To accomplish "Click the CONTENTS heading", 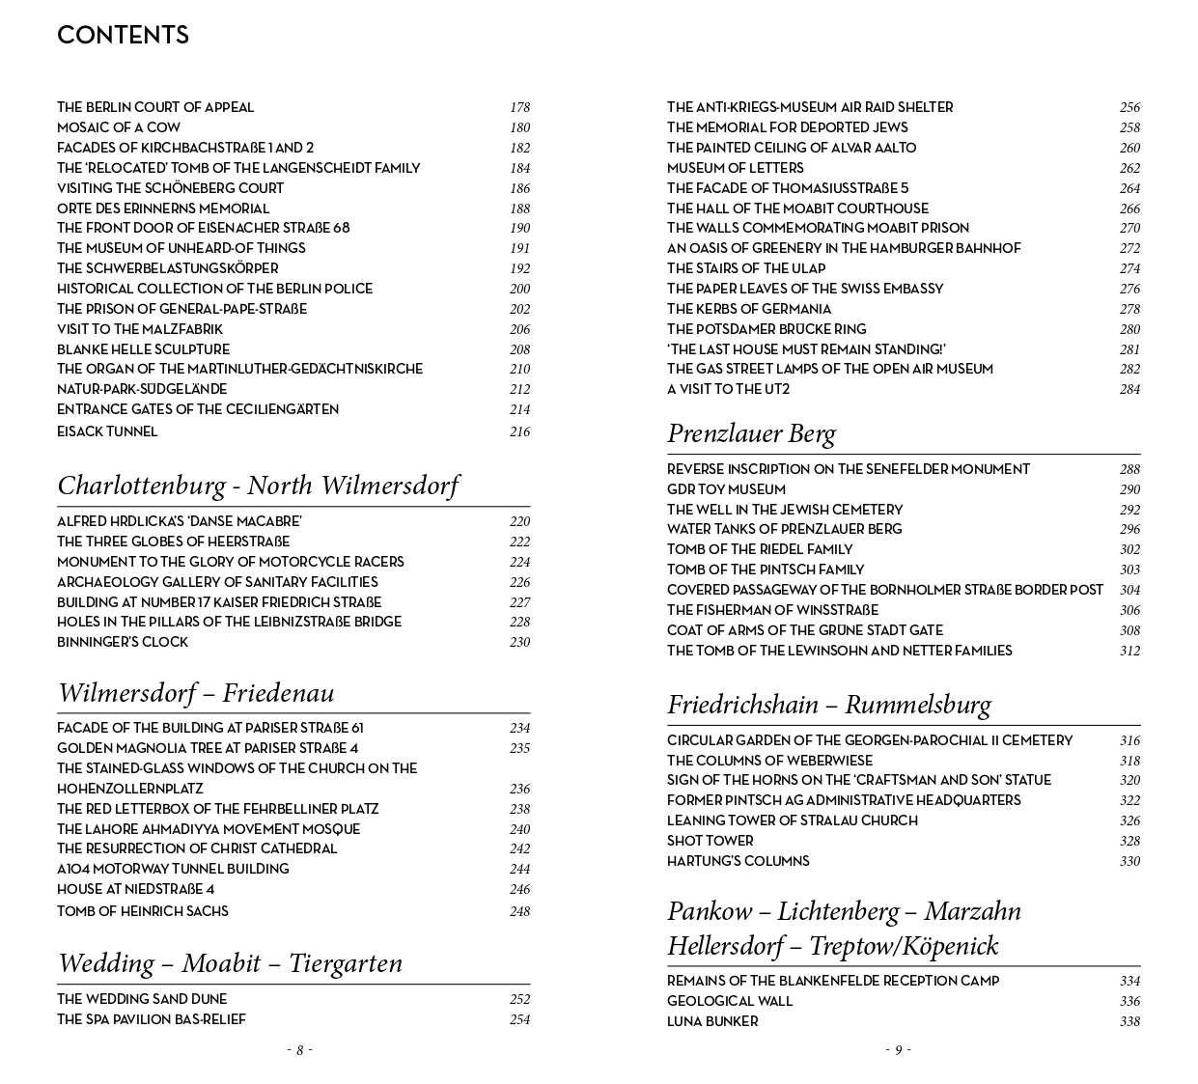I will pyautogui.click(x=123, y=36).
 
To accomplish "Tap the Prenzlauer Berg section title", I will pyautogui.click(x=751, y=433).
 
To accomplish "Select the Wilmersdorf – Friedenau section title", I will pyautogui.click(x=196, y=693).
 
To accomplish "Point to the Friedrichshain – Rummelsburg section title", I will pyautogui.click(x=828, y=705).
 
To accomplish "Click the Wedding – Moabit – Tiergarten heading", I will pyautogui.click(x=230, y=963).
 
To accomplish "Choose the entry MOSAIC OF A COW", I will pyautogui.click(x=119, y=127).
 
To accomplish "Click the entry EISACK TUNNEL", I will pyautogui.click(x=107, y=431).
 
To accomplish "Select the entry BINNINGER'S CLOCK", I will pyautogui.click(x=123, y=642).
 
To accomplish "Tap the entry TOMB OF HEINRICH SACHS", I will pyautogui.click(x=143, y=911).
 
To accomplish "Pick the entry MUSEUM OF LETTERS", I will pyautogui.click(x=735, y=168).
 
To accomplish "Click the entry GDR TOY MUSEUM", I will pyautogui.click(x=726, y=489).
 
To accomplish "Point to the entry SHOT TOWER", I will pyautogui.click(x=710, y=841).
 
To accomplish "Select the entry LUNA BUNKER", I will pyautogui.click(x=712, y=1021).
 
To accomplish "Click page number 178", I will pyautogui.click(x=519, y=108).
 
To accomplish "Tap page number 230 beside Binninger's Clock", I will pyautogui.click(x=519, y=643).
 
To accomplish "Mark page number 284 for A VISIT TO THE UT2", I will pyautogui.click(x=1129, y=390).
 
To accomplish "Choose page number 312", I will pyautogui.click(x=1129, y=652).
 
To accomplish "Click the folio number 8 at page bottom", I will pyautogui.click(x=299, y=1050).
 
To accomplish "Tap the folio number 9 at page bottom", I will pyautogui.click(x=898, y=1050).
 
